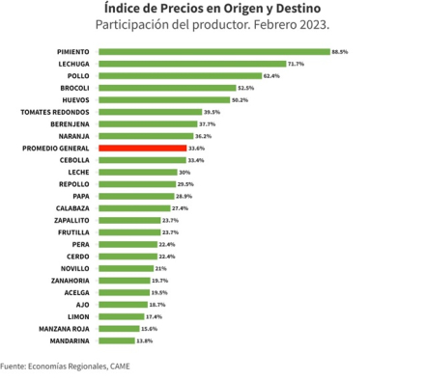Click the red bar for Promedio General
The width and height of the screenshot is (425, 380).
143,149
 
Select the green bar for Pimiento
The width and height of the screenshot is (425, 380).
214,52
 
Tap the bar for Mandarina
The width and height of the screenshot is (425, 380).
117,340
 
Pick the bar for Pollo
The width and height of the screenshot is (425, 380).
181,76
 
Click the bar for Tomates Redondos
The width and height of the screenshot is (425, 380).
151,112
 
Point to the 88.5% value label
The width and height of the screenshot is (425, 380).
340,52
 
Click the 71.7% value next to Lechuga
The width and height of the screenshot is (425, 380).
296,64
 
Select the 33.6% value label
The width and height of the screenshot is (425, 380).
196,149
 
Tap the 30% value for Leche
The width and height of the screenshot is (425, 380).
184,173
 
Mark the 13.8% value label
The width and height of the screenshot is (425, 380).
145,340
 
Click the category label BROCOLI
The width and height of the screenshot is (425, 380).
74,88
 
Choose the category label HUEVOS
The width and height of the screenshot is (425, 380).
75,100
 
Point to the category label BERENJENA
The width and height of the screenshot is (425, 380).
70,124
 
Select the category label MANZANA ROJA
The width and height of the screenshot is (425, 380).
64,329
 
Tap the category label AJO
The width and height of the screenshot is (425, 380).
83,305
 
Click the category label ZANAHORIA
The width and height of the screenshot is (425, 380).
71,281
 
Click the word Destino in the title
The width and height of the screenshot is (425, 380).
298,9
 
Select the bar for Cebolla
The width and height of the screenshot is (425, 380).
142,160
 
